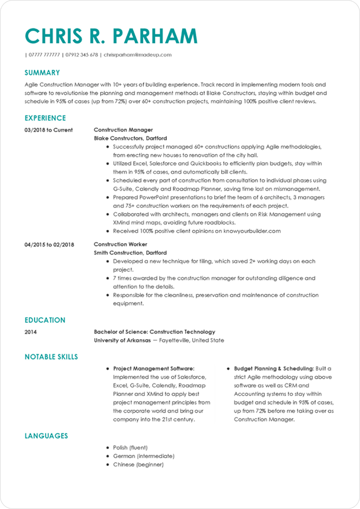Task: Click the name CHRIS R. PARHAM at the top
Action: (111, 36)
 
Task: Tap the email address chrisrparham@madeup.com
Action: (137, 54)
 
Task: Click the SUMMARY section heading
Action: (42, 73)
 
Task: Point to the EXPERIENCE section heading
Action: (45, 118)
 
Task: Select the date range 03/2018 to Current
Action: (48, 130)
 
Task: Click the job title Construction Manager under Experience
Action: (123, 130)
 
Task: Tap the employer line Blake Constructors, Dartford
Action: (130, 138)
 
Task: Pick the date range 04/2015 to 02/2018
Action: (49, 245)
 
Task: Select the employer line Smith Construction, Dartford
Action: (130, 253)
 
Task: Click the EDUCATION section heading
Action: (45, 320)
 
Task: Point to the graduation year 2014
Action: (31, 332)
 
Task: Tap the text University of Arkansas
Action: (122, 340)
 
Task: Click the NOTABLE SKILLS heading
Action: (51, 357)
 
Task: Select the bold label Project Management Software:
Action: (154, 368)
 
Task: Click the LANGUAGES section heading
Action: (46, 436)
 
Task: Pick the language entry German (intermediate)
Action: (143, 456)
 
